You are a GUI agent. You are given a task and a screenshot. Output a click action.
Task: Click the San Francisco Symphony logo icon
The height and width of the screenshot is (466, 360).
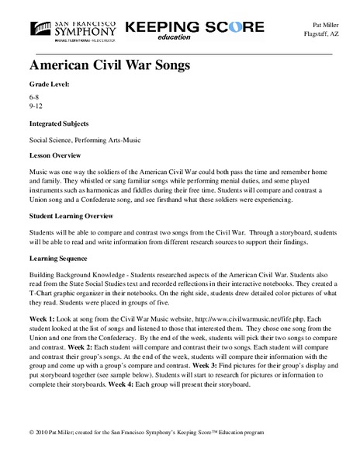[40, 27]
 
